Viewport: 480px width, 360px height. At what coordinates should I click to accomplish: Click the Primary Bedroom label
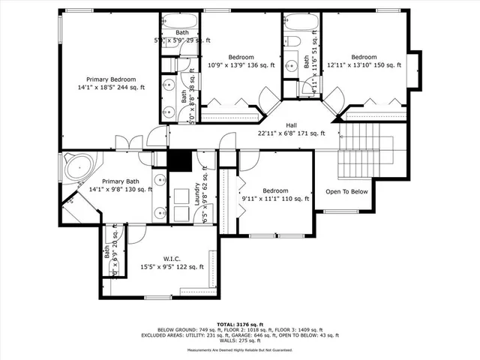point(111,79)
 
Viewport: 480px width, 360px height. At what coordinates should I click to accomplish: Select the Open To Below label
point(346,191)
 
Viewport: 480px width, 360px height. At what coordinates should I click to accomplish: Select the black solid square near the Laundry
point(179,161)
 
